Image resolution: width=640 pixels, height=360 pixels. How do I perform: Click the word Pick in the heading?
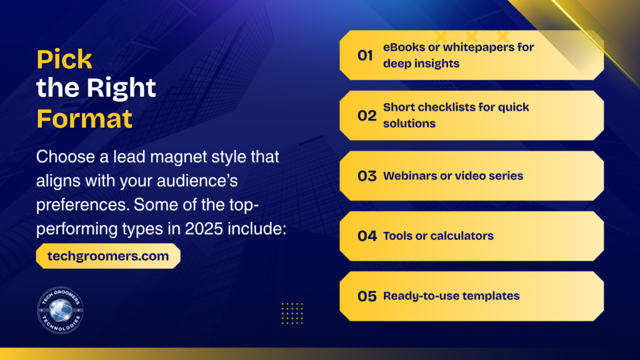64,59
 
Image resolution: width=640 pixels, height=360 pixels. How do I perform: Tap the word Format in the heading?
84,119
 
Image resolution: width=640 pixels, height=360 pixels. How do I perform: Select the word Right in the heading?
121,89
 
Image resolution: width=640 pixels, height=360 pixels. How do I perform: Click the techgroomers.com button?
108,256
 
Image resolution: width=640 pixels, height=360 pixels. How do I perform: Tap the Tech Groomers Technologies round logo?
61,310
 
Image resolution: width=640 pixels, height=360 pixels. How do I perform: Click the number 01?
365,55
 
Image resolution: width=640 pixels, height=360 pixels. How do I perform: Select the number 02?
367,116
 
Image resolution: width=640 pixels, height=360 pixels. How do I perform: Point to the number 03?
367,176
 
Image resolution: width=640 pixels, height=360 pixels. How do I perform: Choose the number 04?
367,236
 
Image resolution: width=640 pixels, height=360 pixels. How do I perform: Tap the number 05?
367,296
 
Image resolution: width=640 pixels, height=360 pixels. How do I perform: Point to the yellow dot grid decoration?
292,314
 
